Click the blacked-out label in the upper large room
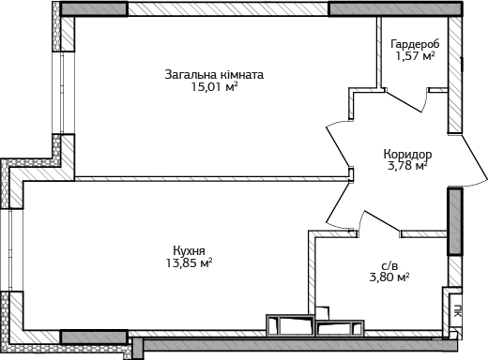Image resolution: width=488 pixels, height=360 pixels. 214,81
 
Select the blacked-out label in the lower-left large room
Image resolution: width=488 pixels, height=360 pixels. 191,256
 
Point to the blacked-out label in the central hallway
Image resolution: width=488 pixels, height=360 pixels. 407,157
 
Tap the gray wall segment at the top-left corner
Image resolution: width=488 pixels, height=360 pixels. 94,8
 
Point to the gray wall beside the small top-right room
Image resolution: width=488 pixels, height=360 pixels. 455,75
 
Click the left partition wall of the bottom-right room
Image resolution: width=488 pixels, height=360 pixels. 315,272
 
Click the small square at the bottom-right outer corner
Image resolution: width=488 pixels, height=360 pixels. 456,332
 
